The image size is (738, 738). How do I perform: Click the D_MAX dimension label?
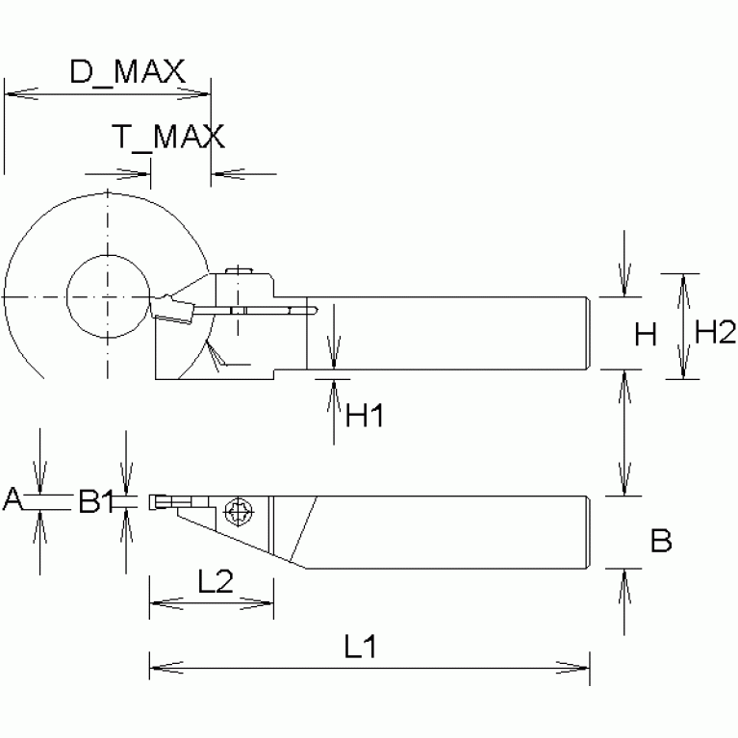tap(127, 72)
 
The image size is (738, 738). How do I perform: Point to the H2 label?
tap(715, 333)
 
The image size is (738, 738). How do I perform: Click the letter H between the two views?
tap(647, 335)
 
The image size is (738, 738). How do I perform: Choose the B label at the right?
tap(661, 541)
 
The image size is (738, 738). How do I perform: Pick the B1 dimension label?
tap(96, 500)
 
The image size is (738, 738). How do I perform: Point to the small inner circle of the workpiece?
tap(107, 294)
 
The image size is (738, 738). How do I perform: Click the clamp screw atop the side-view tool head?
tap(237, 272)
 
